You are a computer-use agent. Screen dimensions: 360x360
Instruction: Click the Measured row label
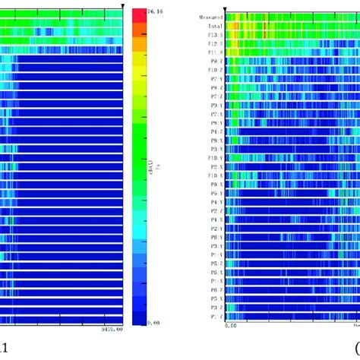click(211, 17)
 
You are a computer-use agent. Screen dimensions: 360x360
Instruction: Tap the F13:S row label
click(216, 35)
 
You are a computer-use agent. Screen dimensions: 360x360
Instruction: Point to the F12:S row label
click(216, 44)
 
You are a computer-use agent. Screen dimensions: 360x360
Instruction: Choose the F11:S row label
click(216, 52)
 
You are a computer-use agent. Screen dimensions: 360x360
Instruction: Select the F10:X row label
click(216, 175)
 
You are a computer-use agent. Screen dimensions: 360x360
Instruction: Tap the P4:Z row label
click(216, 131)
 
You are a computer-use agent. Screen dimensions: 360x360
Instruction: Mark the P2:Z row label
click(216, 210)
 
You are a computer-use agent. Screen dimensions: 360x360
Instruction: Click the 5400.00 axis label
click(112, 330)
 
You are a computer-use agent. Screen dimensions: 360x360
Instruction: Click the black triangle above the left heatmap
click(122, 5)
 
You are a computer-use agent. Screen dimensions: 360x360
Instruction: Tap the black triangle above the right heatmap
click(225, 7)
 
